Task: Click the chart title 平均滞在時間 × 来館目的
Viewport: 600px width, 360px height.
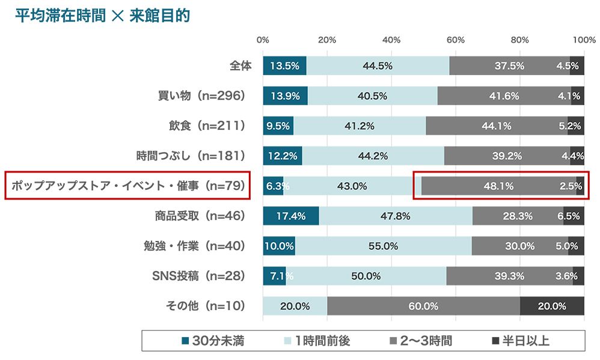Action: point(102,16)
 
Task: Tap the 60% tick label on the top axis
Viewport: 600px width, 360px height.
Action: point(456,40)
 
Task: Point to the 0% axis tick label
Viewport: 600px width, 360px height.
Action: point(263,40)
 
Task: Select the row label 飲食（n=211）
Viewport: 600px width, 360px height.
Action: point(207,126)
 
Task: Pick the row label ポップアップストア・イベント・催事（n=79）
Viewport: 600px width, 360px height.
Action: point(127,186)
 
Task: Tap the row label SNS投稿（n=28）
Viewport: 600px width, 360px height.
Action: point(198,276)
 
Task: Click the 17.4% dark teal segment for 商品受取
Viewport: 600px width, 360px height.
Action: point(290,216)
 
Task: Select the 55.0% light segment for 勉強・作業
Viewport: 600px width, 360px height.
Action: point(383,246)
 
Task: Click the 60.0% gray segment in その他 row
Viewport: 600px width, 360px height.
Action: point(423,306)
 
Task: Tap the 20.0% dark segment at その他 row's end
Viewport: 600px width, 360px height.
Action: point(552,306)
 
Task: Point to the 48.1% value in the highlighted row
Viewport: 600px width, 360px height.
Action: point(498,186)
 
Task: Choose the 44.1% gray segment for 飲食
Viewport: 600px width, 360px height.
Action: point(497,126)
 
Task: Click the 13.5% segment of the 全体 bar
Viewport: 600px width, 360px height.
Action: point(284,66)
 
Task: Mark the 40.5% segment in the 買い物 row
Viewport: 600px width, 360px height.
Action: point(372,96)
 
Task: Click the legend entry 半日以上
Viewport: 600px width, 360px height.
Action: point(521,341)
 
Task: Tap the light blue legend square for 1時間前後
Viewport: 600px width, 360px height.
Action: point(287,341)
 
